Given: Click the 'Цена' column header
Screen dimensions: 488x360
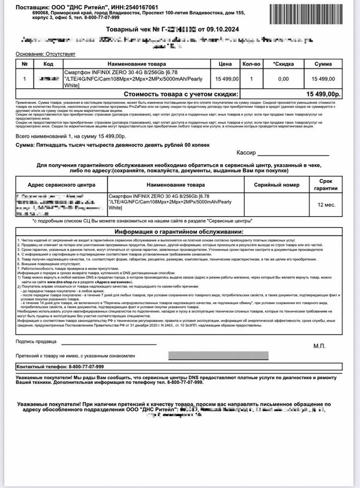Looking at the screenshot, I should point(226,63).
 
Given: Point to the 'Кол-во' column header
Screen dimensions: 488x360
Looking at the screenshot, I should point(251,63).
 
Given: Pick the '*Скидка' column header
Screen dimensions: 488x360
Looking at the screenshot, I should point(283,63).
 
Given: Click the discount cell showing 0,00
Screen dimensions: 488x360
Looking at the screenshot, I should point(283,79).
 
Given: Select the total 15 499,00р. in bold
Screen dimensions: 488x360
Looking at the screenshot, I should point(323,94).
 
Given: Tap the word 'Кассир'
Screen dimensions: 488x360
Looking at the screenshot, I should point(246,153).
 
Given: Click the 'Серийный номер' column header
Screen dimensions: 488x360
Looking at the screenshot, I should point(276,185).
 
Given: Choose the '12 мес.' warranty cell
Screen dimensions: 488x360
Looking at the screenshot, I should point(327,204).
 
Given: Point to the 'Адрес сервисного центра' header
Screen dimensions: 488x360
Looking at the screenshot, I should point(61,185).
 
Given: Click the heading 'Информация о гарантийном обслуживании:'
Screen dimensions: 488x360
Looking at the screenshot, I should point(179,232).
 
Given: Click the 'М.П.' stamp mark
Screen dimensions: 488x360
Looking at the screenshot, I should point(319,346).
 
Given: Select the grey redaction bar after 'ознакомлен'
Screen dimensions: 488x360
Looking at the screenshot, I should point(218,355).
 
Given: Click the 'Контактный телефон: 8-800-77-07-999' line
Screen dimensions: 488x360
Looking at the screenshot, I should point(61,367).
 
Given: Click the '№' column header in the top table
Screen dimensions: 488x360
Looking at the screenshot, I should point(24,63).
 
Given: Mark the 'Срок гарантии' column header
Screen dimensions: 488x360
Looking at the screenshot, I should point(327,185).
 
